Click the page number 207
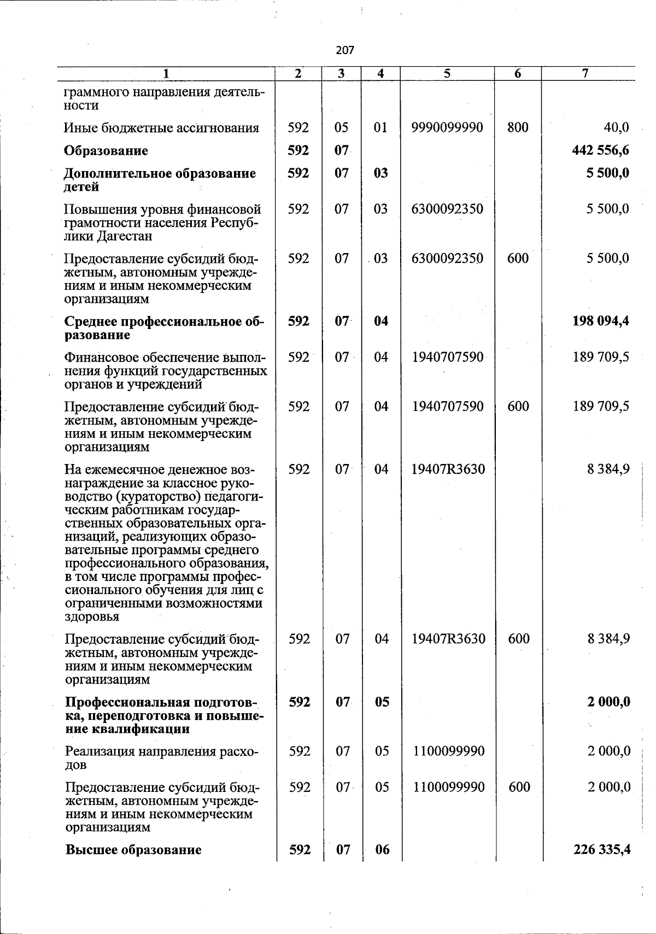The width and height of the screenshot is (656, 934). pos(345,50)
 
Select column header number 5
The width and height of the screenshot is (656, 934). pos(447,74)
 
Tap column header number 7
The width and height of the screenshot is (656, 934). pos(585,74)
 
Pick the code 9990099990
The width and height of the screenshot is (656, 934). pos(447,128)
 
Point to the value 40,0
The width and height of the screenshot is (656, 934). pos(616,128)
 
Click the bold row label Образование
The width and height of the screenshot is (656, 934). pos(106,150)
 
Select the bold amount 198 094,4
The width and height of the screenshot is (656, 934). pos(600,321)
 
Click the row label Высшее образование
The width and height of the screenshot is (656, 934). pos(133,850)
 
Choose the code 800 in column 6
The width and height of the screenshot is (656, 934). pos(518,128)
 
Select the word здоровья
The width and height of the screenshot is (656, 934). pos(91,617)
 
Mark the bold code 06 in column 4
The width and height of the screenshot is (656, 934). pos(382,850)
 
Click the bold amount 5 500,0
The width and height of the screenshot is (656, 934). pos(608,173)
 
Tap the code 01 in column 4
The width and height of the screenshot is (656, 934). pos(381,128)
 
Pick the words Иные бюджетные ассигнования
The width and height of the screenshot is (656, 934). pos(161,128)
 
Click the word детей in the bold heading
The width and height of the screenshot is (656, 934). pos(81,187)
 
